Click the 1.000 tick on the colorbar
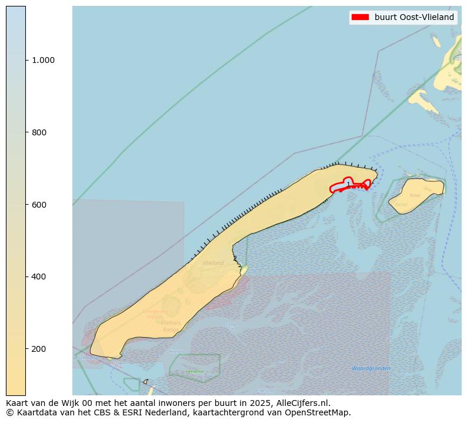pyautogui.click(x=43, y=60)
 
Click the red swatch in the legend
pyautogui.click(x=359, y=17)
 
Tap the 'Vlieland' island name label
pyautogui.click(x=213, y=263)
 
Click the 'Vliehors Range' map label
pyautogui.click(x=171, y=327)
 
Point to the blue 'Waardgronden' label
pyautogui.click(x=371, y=368)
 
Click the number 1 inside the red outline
pyautogui.click(x=348, y=184)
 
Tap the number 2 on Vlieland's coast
pyautogui.click(x=235, y=258)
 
